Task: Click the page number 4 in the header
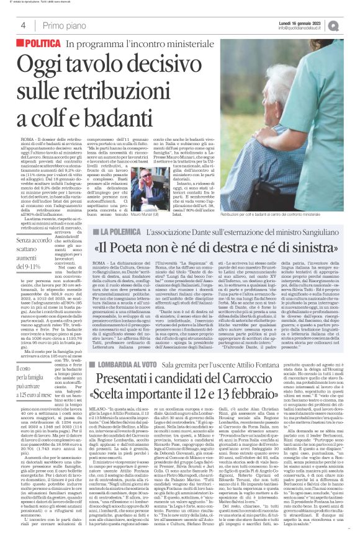(23, 25)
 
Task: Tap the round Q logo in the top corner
(352, 24)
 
